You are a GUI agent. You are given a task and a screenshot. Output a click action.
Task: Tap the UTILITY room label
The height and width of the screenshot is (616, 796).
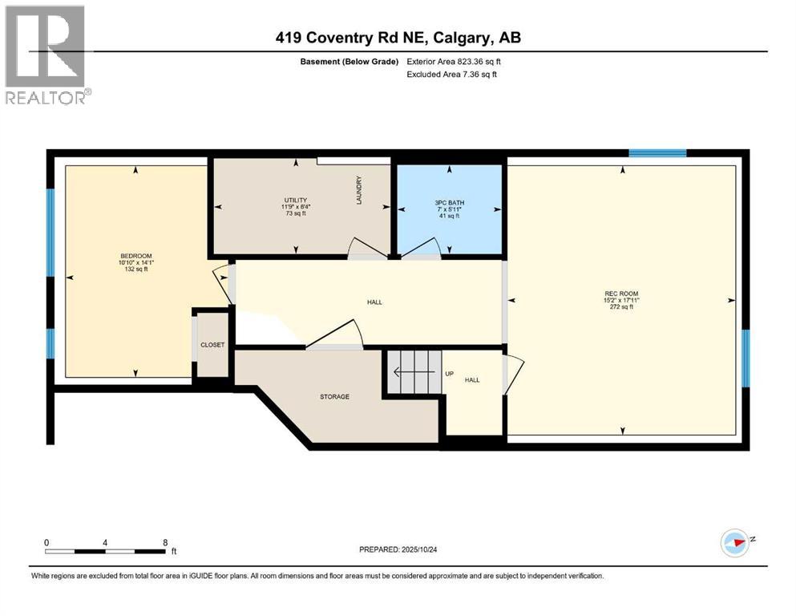click(296, 200)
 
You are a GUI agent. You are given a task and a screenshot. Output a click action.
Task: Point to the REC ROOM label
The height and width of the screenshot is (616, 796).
click(621, 294)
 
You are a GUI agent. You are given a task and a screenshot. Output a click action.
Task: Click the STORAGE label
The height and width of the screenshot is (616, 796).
click(334, 396)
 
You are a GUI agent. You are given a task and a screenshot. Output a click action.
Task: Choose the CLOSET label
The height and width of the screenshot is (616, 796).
click(212, 345)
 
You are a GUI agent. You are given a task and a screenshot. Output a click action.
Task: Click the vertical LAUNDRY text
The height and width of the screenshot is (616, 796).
click(360, 190)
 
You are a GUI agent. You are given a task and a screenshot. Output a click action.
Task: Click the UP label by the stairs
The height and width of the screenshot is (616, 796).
click(449, 373)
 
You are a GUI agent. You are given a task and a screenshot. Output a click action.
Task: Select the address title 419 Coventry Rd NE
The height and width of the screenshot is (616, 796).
click(398, 38)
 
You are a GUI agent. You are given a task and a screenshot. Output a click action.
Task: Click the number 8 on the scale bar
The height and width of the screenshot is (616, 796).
click(165, 542)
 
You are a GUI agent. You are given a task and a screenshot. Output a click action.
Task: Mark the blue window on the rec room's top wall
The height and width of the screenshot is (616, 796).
click(657, 152)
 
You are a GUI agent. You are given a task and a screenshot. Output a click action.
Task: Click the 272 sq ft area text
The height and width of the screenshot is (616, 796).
click(621, 307)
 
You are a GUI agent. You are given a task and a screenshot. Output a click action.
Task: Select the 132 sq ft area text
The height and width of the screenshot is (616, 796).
click(135, 269)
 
